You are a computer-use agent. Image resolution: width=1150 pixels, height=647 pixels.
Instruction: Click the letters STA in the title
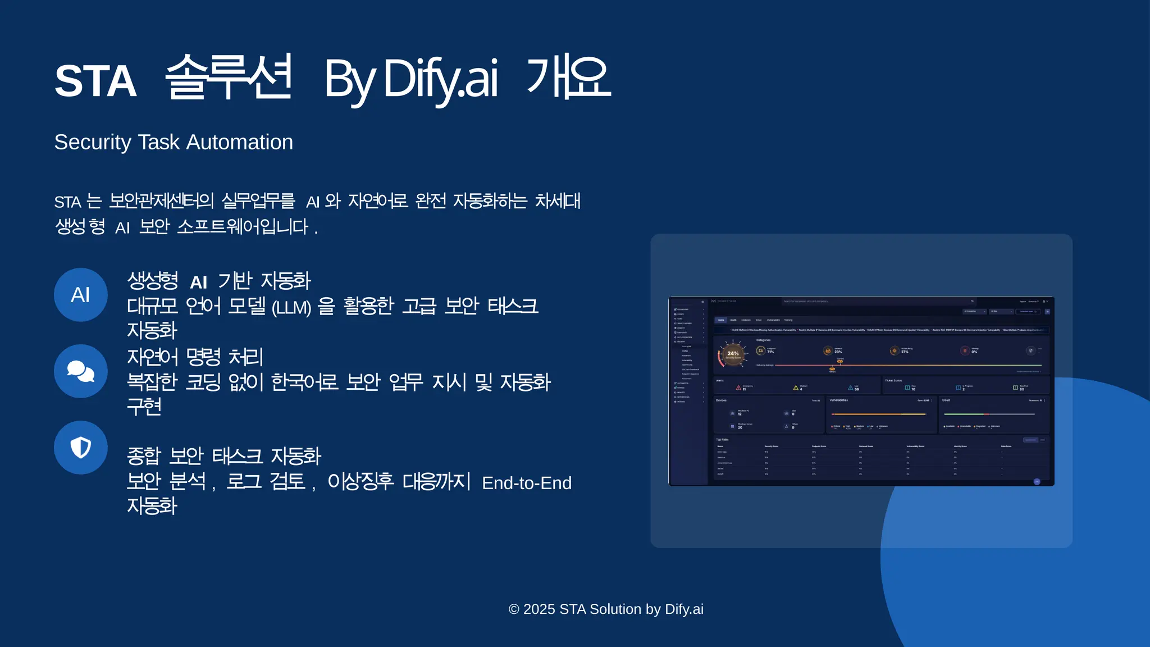click(95, 81)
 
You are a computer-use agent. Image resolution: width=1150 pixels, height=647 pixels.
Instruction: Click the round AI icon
click(81, 295)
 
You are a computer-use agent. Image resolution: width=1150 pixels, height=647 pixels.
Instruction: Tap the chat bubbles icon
click(81, 371)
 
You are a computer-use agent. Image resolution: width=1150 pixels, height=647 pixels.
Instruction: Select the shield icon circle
click(81, 448)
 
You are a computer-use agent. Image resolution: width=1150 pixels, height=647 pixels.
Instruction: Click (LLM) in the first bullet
click(291, 308)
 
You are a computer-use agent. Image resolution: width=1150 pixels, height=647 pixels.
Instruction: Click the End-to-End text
click(526, 483)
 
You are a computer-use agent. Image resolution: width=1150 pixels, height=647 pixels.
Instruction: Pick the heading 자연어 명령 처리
click(195, 357)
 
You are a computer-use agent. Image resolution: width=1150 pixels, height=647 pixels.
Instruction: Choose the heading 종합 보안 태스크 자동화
click(223, 455)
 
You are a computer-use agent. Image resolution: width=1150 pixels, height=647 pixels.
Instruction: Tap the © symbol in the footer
click(514, 609)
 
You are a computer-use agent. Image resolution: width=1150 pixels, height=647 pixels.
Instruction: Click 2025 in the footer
click(539, 609)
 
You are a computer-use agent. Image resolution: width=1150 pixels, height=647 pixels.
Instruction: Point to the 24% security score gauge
click(733, 355)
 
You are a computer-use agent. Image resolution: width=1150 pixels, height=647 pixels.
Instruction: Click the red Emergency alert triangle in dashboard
click(738, 388)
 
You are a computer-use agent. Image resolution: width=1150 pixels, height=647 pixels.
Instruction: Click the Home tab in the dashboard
click(721, 320)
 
